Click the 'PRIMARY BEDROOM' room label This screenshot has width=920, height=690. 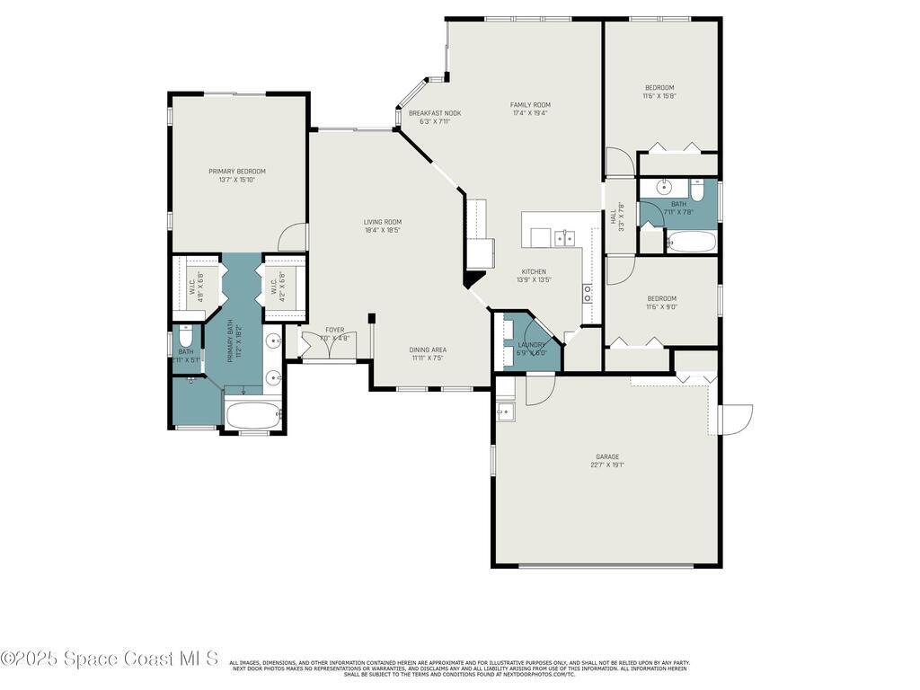(x=237, y=171)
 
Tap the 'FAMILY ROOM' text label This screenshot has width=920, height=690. (x=529, y=104)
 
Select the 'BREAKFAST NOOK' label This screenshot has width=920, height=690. (x=435, y=113)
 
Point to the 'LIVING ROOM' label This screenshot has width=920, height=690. (x=382, y=222)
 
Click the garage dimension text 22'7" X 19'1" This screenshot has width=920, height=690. (x=606, y=465)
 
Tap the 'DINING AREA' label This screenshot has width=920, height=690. (x=428, y=349)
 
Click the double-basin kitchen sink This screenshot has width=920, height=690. (x=565, y=237)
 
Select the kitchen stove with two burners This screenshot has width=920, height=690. (x=587, y=291)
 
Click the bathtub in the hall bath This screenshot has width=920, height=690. (x=691, y=242)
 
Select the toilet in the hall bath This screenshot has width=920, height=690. (x=697, y=190)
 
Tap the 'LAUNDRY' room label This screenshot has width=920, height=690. (x=532, y=344)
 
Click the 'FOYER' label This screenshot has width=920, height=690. (x=334, y=330)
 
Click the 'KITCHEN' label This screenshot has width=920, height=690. (x=533, y=271)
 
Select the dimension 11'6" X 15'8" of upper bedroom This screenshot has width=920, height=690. (x=659, y=96)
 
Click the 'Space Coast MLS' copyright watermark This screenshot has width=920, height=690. (x=110, y=659)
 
